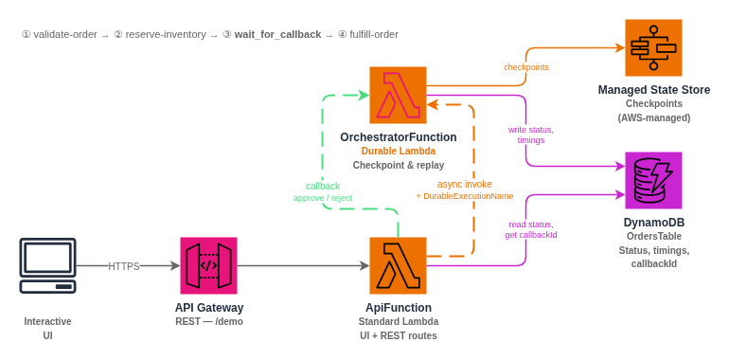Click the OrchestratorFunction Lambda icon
pos(398,95)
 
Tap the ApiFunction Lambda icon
pos(398,265)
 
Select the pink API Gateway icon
pos(208,265)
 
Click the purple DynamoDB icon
pos(653,180)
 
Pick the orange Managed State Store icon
pos(653,47)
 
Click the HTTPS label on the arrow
pos(124,266)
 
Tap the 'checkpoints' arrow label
pos(525,67)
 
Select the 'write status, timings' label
pos(530,135)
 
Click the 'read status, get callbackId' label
pos(530,229)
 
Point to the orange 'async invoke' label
pos(464,184)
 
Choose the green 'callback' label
pos(323,186)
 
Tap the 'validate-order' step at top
pos(64,34)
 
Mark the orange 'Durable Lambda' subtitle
pos(398,151)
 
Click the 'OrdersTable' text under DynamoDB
pos(653,237)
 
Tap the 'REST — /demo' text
pos(208,321)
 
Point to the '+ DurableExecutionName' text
pos(464,196)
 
